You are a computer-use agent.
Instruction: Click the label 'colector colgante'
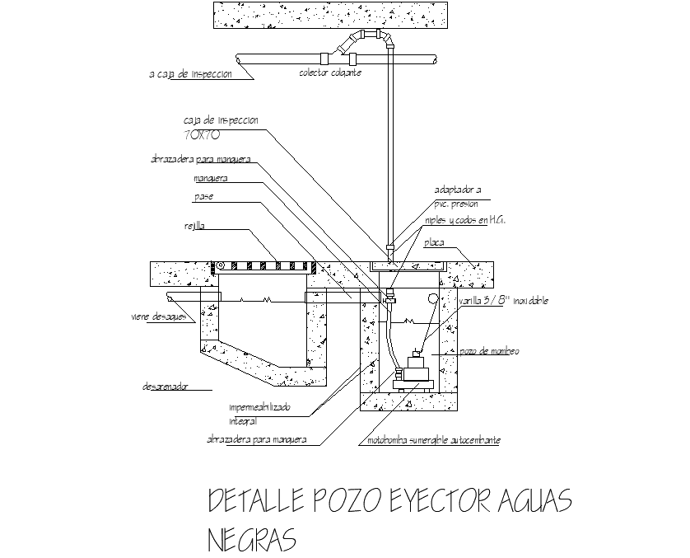click(330, 73)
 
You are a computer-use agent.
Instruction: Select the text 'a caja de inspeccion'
click(190, 74)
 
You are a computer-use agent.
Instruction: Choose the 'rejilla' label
click(195, 225)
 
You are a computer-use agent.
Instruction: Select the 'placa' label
click(435, 243)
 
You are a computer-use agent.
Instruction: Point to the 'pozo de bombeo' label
click(489, 352)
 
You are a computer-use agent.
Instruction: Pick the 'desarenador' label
click(166, 385)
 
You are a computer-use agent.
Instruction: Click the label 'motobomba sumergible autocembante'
click(434, 441)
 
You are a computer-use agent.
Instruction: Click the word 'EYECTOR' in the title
click(433, 501)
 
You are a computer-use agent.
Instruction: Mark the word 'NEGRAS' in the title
click(250, 540)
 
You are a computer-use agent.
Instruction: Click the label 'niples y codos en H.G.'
click(464, 220)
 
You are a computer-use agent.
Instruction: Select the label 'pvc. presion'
click(455, 204)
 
